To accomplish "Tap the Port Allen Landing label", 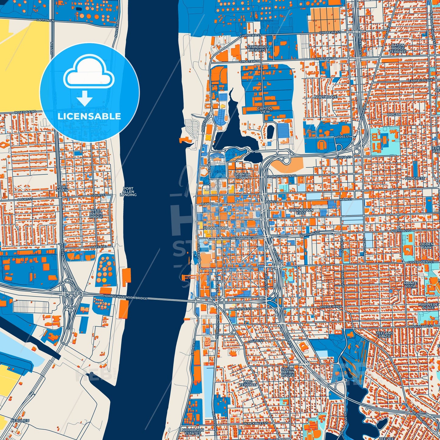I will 128,192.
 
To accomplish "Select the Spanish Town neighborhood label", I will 242,176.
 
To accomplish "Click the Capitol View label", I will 265,110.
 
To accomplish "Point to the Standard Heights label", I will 257,48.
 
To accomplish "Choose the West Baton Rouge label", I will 96,213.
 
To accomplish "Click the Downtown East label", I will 301,212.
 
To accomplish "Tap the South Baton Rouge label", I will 287,372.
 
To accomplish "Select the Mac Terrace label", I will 248,383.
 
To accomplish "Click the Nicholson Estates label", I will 192,431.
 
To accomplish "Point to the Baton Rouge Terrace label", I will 398,48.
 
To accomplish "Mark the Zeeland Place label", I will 384,335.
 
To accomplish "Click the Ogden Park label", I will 426,246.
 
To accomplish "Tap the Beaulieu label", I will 20,421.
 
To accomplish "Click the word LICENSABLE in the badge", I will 89,116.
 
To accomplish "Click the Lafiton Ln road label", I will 45,20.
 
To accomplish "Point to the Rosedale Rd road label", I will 25,112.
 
